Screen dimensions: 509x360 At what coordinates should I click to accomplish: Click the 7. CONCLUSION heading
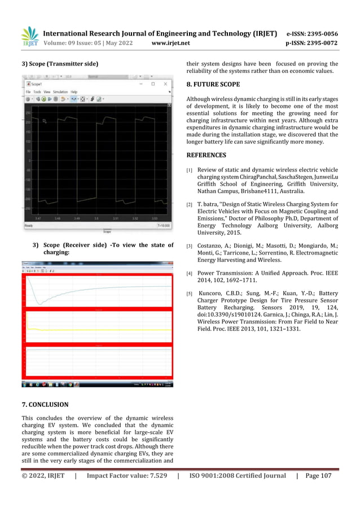click(x=45, y=405)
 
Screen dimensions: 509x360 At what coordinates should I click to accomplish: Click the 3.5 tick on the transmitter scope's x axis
click(x=96, y=217)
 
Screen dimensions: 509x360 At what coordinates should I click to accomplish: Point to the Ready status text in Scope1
click(x=28, y=226)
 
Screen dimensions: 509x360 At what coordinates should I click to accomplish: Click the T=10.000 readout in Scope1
click(x=163, y=226)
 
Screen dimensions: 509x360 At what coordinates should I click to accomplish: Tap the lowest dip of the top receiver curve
click(x=39, y=304)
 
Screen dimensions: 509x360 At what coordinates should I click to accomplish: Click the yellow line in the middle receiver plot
click(x=96, y=330)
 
